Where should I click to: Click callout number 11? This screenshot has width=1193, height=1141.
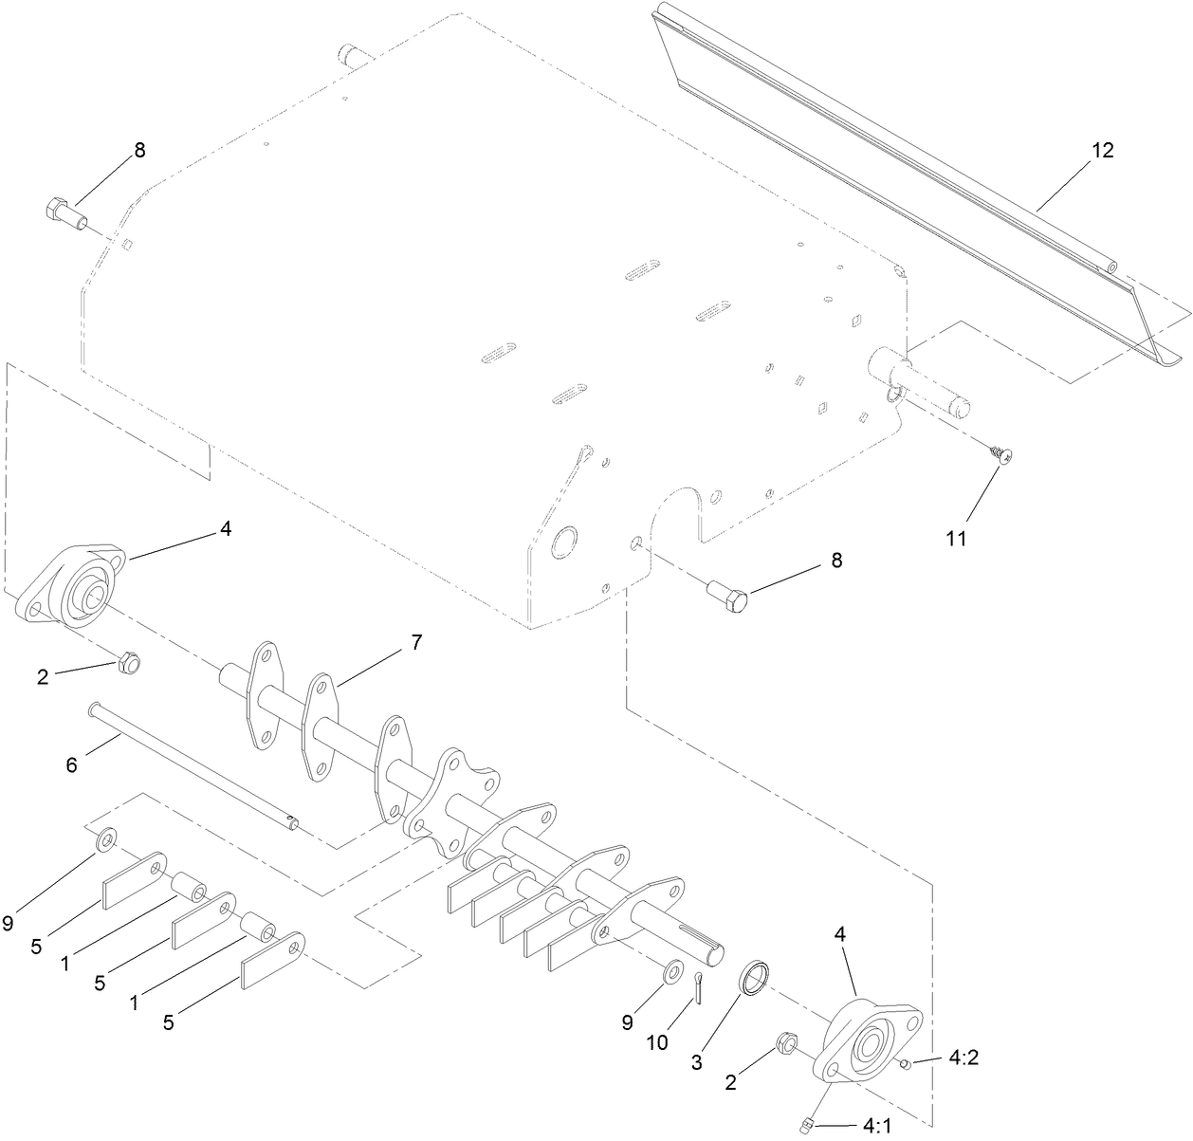point(955,538)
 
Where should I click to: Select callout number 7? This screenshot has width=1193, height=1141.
point(416,642)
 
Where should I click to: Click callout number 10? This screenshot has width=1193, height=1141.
point(657,1042)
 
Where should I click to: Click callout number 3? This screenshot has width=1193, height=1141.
point(697,1063)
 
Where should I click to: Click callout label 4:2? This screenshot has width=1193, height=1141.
point(962,1058)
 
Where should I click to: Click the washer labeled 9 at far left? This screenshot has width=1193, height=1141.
point(107,837)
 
